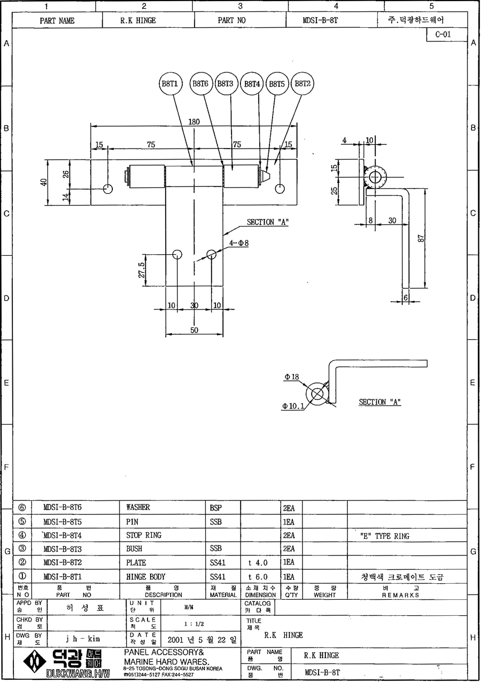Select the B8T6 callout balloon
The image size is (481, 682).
point(200,84)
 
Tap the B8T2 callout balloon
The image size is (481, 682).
point(303,84)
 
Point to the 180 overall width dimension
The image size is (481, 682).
point(194,122)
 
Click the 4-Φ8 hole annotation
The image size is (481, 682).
point(238,243)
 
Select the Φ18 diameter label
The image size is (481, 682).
point(291,377)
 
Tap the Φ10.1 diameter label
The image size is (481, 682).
point(293,406)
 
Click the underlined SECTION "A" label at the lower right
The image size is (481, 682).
point(379,402)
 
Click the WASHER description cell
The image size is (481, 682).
point(138,507)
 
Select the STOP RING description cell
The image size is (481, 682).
point(143,535)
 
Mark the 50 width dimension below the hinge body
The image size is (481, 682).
point(194,330)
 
